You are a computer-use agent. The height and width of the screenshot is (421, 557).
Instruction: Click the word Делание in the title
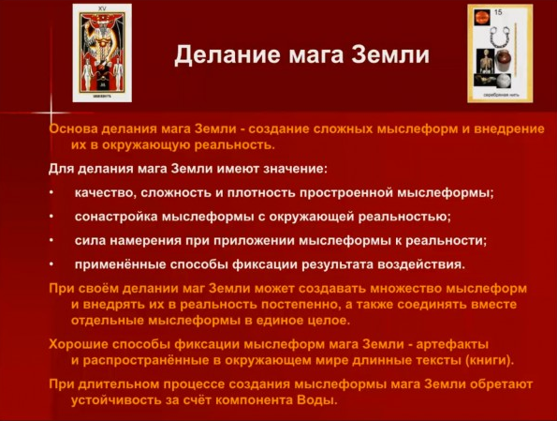point(222,55)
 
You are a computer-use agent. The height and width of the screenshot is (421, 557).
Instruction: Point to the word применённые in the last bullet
point(119,264)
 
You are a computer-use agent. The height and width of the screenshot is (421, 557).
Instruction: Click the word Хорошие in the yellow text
point(81,344)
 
